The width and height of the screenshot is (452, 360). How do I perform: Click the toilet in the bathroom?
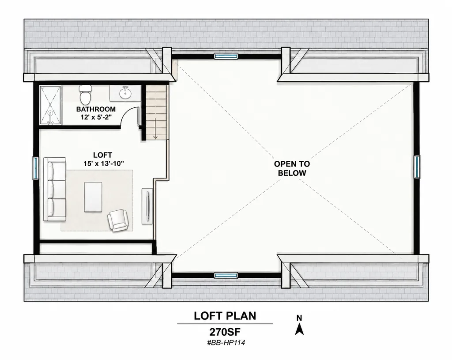click(x=85, y=95)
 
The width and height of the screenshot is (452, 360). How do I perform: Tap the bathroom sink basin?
click(x=125, y=93)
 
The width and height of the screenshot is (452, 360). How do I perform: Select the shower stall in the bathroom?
click(x=50, y=105)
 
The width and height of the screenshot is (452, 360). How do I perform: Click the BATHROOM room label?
click(x=96, y=110)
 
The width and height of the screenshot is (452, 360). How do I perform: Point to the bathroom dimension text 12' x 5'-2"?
click(x=96, y=117)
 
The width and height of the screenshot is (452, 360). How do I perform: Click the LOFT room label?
click(x=102, y=155)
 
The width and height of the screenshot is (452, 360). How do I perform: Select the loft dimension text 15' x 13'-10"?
click(x=104, y=163)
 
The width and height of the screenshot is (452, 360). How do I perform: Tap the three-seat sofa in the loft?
click(x=55, y=189)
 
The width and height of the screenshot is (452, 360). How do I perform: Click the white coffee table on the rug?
click(x=93, y=197)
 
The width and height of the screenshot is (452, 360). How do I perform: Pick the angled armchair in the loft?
click(x=117, y=220)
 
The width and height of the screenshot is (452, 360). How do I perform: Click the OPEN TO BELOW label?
click(x=292, y=168)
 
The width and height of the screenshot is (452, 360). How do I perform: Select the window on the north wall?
click(x=226, y=56)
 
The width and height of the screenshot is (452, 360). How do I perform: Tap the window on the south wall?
click(x=226, y=276)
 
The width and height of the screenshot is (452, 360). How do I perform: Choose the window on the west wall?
click(x=35, y=168)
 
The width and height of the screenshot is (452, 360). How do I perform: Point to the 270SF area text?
click(x=225, y=332)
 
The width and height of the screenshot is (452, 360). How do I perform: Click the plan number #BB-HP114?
click(x=226, y=343)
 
